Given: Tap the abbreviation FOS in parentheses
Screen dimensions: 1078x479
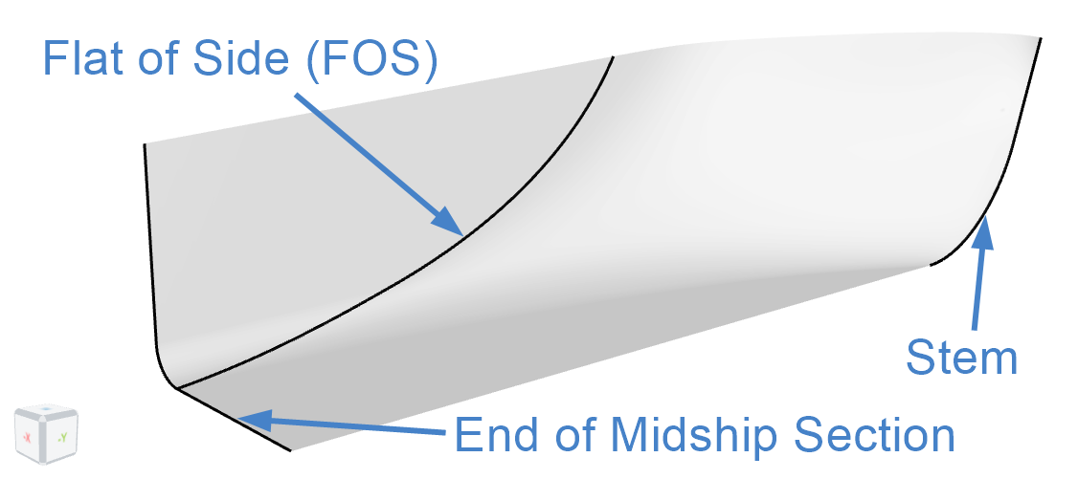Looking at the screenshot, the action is pyautogui.click(x=371, y=60).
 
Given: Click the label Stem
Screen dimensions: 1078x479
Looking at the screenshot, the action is pyautogui.click(x=961, y=358).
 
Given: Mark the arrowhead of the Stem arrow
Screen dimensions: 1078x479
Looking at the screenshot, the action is pyautogui.click(x=984, y=230).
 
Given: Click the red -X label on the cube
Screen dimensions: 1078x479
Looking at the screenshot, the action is pyautogui.click(x=28, y=436).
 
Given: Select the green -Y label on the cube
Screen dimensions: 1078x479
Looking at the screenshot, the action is pyautogui.click(x=62, y=436).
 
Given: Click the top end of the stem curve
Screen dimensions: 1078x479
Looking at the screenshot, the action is pyautogui.click(x=1041, y=38).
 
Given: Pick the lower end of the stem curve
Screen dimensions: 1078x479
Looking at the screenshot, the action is pyautogui.click(x=930, y=264).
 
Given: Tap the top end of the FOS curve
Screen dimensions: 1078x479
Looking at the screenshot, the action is pyautogui.click(x=612, y=57).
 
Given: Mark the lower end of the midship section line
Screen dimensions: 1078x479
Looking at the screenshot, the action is pyautogui.click(x=291, y=450).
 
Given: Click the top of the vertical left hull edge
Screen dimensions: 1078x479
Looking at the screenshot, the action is pyautogui.click(x=146, y=144).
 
